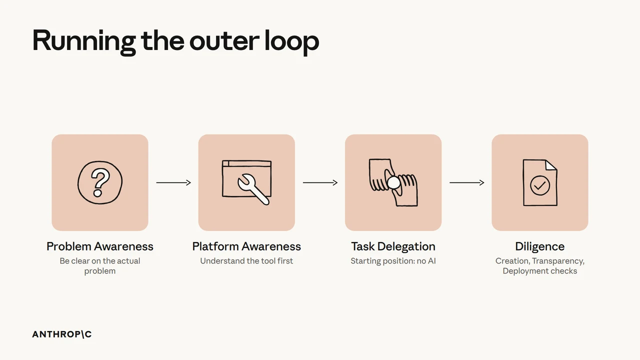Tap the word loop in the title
click(x=291, y=41)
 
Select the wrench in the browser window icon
click(x=253, y=189)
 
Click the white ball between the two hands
click(x=393, y=183)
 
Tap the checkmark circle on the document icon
click(x=539, y=185)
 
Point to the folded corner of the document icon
click(x=551, y=165)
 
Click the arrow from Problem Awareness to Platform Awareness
click(x=173, y=182)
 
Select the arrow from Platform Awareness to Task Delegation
click(x=320, y=182)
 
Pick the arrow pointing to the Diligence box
click(x=467, y=182)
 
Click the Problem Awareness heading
click(x=100, y=246)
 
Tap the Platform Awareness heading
click(x=246, y=246)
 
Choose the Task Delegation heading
click(x=393, y=246)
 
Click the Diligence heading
click(x=540, y=246)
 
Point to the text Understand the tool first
click(x=246, y=261)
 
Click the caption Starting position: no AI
click(x=393, y=261)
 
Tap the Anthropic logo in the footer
click(x=62, y=334)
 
